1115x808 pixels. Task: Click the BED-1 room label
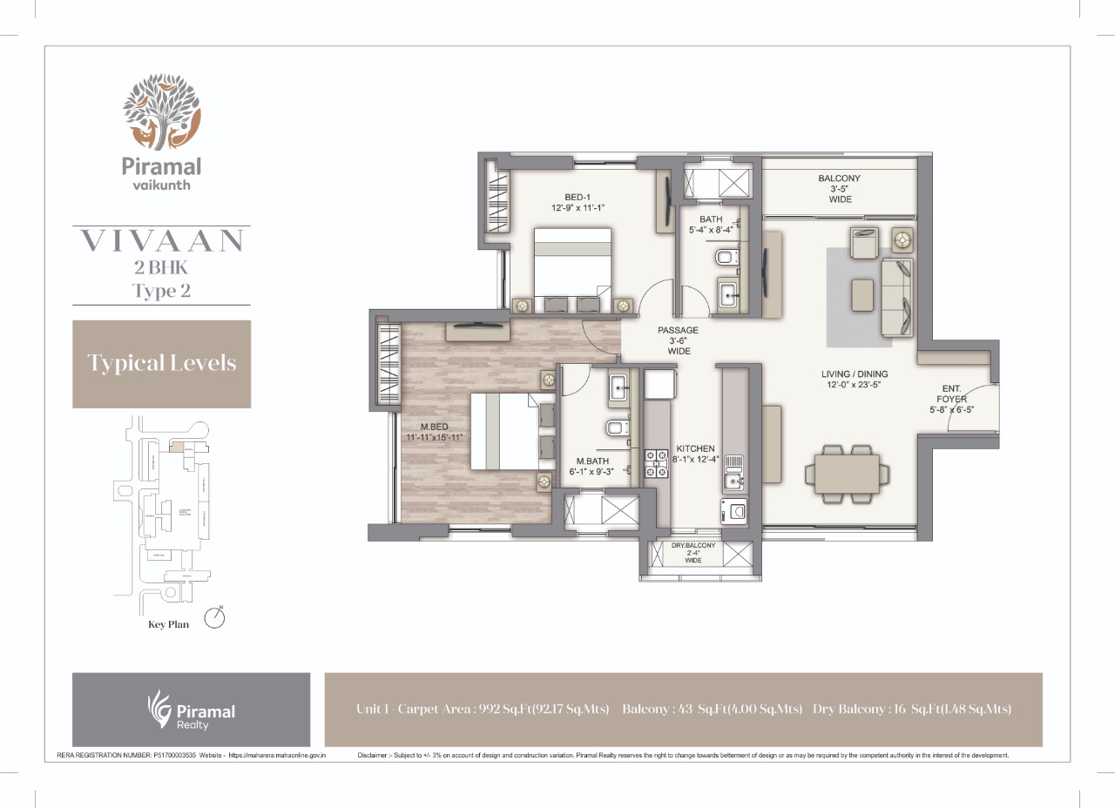tap(578, 202)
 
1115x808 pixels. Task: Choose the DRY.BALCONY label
tap(693, 552)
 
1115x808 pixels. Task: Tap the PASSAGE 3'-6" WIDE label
tap(678, 340)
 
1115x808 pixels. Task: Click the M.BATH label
tap(591, 468)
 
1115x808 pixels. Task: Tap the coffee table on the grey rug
tap(863, 294)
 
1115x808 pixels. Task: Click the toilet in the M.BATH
tap(615, 428)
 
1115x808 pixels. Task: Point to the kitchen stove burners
tap(654, 464)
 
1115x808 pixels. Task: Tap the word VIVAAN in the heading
tap(161, 242)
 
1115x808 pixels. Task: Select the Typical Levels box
tap(161, 363)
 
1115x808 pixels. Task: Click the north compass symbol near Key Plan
tap(214, 617)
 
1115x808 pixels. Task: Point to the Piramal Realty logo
tap(191, 710)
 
